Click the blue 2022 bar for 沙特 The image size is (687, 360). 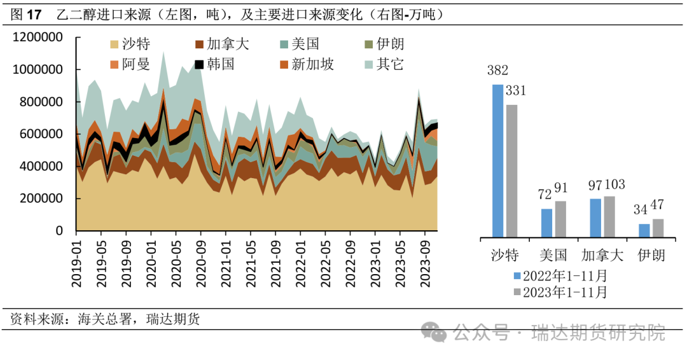tap(497, 161)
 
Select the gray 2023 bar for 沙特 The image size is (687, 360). tap(511, 170)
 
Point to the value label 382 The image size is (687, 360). tap(497, 71)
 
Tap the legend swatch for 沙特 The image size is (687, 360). tap(114, 45)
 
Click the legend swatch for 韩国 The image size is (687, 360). tap(199, 64)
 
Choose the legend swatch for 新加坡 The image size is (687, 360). tap(284, 64)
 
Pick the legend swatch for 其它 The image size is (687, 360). tap(368, 64)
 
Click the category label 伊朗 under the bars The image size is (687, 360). tap(650, 255)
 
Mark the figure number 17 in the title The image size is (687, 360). tap(34, 14)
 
